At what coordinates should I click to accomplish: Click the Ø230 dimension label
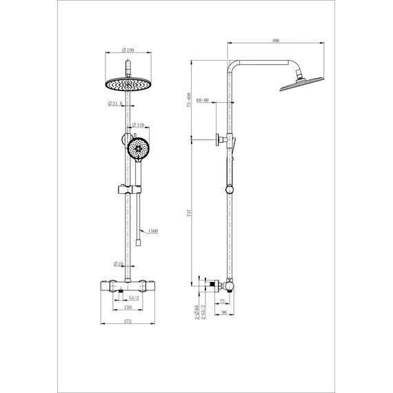click(127, 50)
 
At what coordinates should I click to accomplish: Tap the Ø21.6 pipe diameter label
click(115, 103)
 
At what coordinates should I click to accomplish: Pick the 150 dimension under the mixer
click(128, 308)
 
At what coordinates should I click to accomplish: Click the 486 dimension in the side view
click(275, 41)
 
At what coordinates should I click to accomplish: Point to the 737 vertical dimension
click(190, 214)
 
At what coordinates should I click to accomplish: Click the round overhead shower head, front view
click(127, 85)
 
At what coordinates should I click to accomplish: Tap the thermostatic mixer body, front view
click(127, 283)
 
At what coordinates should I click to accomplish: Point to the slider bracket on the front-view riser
click(129, 188)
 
